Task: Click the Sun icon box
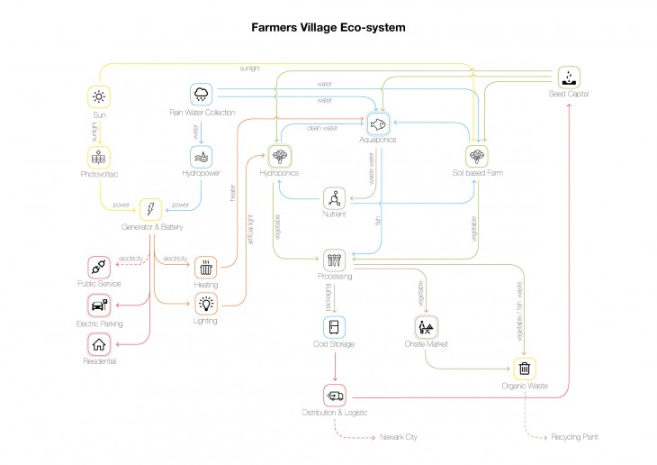point(98,96)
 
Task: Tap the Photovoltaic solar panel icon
point(98,156)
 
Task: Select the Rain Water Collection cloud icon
point(201,94)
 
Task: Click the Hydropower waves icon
point(201,156)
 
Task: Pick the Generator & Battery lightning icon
point(150,209)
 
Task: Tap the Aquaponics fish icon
point(377,122)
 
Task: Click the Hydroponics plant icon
point(278,155)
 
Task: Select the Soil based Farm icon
point(477,155)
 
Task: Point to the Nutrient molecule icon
point(334,198)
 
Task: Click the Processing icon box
point(334,260)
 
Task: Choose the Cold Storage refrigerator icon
point(334,326)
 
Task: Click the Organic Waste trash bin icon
point(525,368)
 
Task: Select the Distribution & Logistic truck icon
point(334,395)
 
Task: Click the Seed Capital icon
point(569,76)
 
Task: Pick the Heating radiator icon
point(205,267)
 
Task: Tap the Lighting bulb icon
point(205,303)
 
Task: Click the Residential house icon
point(98,342)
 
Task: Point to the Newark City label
point(399,437)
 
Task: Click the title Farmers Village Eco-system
point(328,28)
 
